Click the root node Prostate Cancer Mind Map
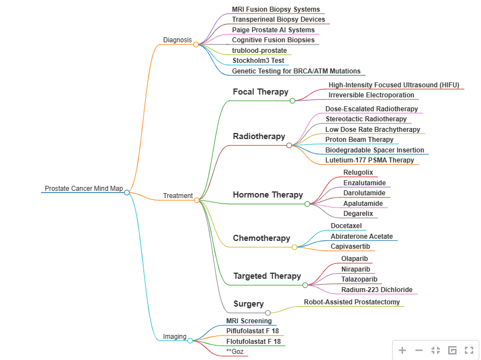coord(83,189)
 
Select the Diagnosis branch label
coord(177,40)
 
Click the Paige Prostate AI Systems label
coord(273,30)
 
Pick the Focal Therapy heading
coord(260,92)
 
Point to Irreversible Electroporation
coord(371,95)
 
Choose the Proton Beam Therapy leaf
coord(359,140)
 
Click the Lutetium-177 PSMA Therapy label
coord(370,160)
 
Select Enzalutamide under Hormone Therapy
coord(364,183)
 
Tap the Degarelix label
coord(358,214)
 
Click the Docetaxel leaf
coord(346,226)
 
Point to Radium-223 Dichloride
coord(377,290)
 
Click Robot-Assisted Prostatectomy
coord(351,302)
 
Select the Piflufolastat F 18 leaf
coord(252,331)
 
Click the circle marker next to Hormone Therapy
coord(307,204)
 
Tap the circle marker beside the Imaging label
coord(190,341)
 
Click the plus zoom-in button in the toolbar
coord(403,351)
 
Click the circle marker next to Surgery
coord(267,313)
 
